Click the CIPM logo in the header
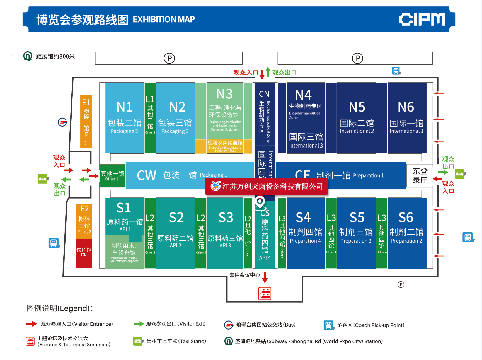[422, 19]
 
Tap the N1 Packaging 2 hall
[125, 118]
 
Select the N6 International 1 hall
[406, 118]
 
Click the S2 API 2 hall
[176, 233]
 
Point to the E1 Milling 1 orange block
[86, 121]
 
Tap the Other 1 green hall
[113, 176]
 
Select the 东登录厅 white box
[420, 175]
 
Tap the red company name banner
[267, 186]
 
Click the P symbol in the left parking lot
[169, 58]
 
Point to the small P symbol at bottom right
[401, 284]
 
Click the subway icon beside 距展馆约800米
[28, 56]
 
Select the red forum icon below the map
[265, 294]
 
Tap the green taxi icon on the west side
[43, 179]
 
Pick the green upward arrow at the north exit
[268, 72]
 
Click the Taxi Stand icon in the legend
[138, 341]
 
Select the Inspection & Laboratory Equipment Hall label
[225, 146]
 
